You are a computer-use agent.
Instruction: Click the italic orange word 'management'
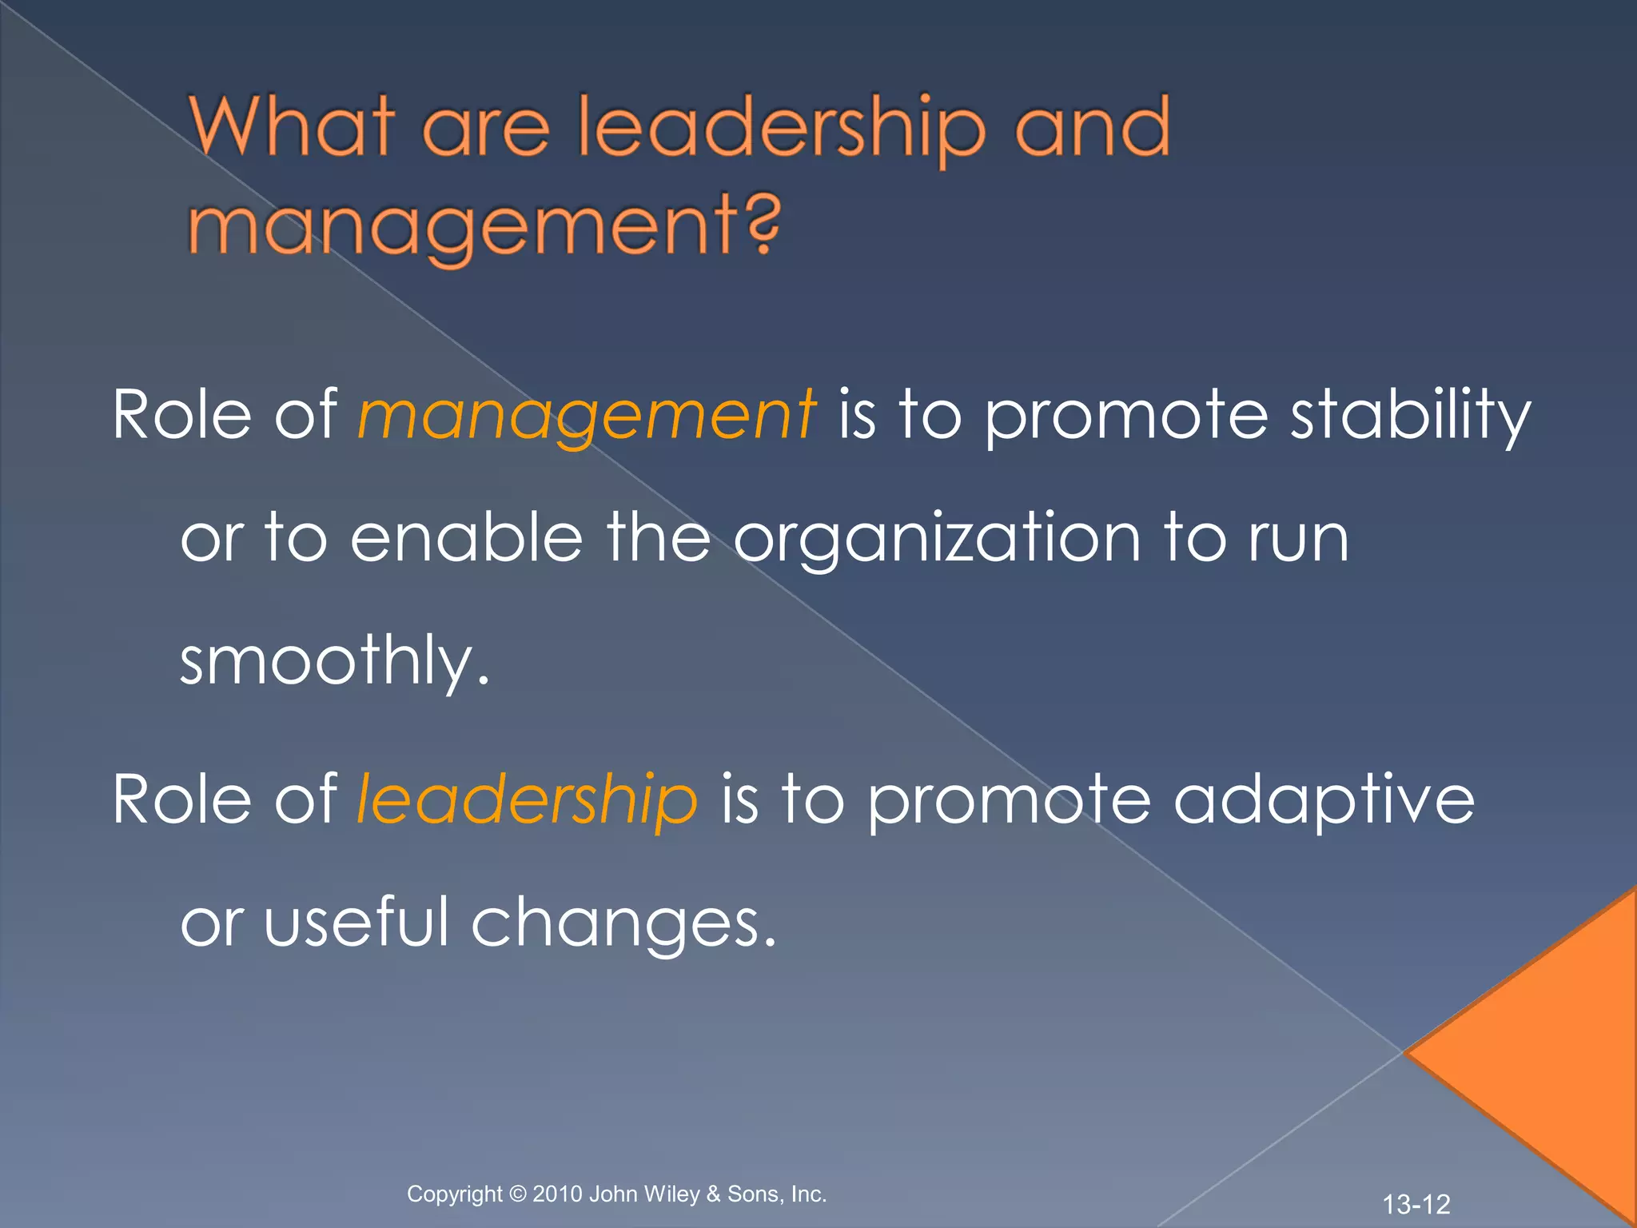(587, 416)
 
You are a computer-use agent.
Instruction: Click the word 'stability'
(1411, 416)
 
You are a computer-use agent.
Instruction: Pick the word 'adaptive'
(1323, 799)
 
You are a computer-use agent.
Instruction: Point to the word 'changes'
(623, 923)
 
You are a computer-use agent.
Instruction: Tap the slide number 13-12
(1416, 1204)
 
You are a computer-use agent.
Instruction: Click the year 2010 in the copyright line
(557, 1194)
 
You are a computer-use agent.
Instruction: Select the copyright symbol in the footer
(518, 1194)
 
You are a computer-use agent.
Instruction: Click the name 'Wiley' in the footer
(671, 1194)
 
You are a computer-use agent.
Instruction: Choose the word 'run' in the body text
(1299, 540)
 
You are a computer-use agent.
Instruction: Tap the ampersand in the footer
(713, 1194)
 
